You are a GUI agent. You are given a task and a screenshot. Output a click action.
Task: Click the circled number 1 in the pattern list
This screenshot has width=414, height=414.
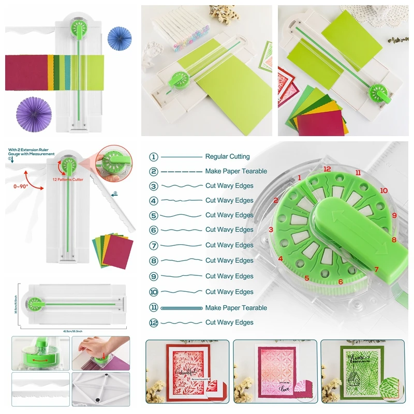pyautogui.click(x=154, y=157)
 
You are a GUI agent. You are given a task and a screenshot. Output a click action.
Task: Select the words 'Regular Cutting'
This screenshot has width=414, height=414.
pyautogui.click(x=227, y=157)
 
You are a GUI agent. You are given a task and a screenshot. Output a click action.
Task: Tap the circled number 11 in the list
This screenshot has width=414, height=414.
pyautogui.click(x=154, y=308)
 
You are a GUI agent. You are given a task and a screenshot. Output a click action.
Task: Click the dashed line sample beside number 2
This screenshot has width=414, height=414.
pyautogui.click(x=181, y=171)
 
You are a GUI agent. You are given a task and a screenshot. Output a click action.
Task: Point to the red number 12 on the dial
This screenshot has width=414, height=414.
pyautogui.click(x=327, y=169)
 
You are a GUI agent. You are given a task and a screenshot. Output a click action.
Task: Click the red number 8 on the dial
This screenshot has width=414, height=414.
pyautogui.click(x=394, y=240)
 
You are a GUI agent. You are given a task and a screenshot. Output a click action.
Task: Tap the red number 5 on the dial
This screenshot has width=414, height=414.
pyautogui.click(x=307, y=278)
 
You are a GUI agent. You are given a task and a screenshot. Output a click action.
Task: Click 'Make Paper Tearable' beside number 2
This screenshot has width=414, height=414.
pyautogui.click(x=236, y=171)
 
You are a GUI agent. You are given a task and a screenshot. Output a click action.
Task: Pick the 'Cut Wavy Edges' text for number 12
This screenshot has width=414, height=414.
pyautogui.click(x=229, y=322)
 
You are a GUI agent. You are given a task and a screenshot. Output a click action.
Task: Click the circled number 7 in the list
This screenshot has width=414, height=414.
pyautogui.click(x=154, y=245)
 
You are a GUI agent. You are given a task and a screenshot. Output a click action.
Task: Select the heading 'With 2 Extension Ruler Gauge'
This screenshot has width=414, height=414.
pyautogui.click(x=31, y=151)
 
